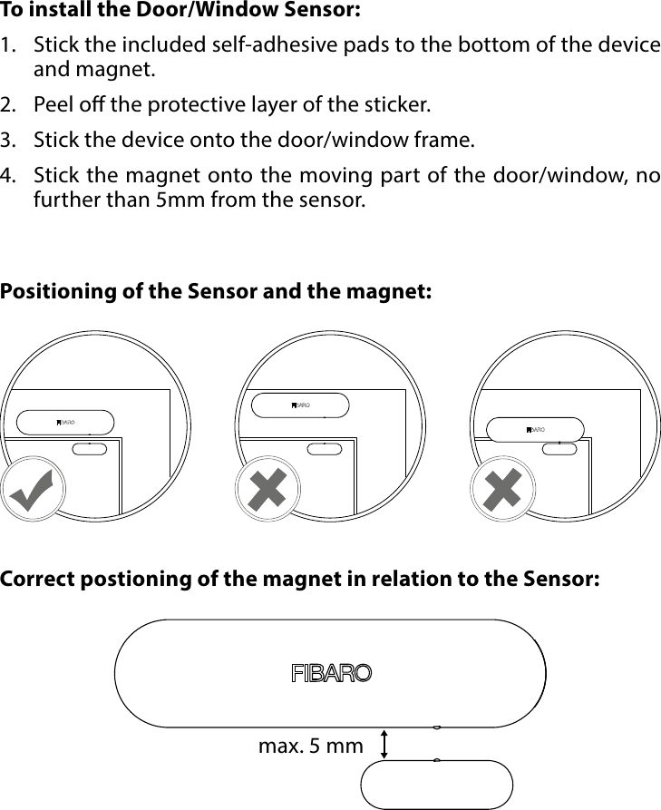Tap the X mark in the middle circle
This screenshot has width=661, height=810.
pos(267,491)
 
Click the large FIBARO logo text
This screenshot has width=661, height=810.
pos(331,674)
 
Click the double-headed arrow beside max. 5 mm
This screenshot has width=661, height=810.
pos(385,744)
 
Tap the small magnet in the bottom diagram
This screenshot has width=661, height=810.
pos(437,784)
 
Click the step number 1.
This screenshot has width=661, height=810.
pos(8,46)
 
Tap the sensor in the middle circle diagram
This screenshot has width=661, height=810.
pos(300,405)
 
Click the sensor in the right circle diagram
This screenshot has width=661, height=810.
pos(535,428)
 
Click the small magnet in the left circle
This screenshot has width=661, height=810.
pos(90,449)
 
